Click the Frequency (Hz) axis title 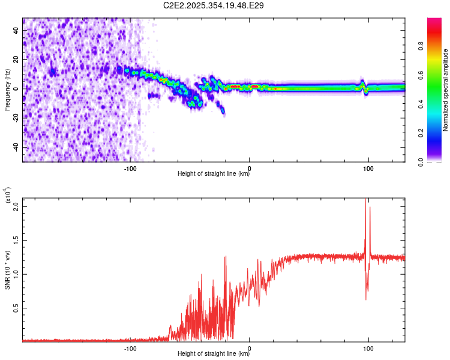tap(7, 89)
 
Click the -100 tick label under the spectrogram tap(130, 167)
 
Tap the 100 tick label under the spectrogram tap(368, 167)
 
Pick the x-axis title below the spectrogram tap(214, 174)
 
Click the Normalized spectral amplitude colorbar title tap(446, 90)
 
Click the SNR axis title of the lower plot tap(7, 270)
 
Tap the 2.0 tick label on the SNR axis tap(16, 206)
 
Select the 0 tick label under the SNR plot tap(249, 348)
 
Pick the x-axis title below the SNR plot tap(214, 355)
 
